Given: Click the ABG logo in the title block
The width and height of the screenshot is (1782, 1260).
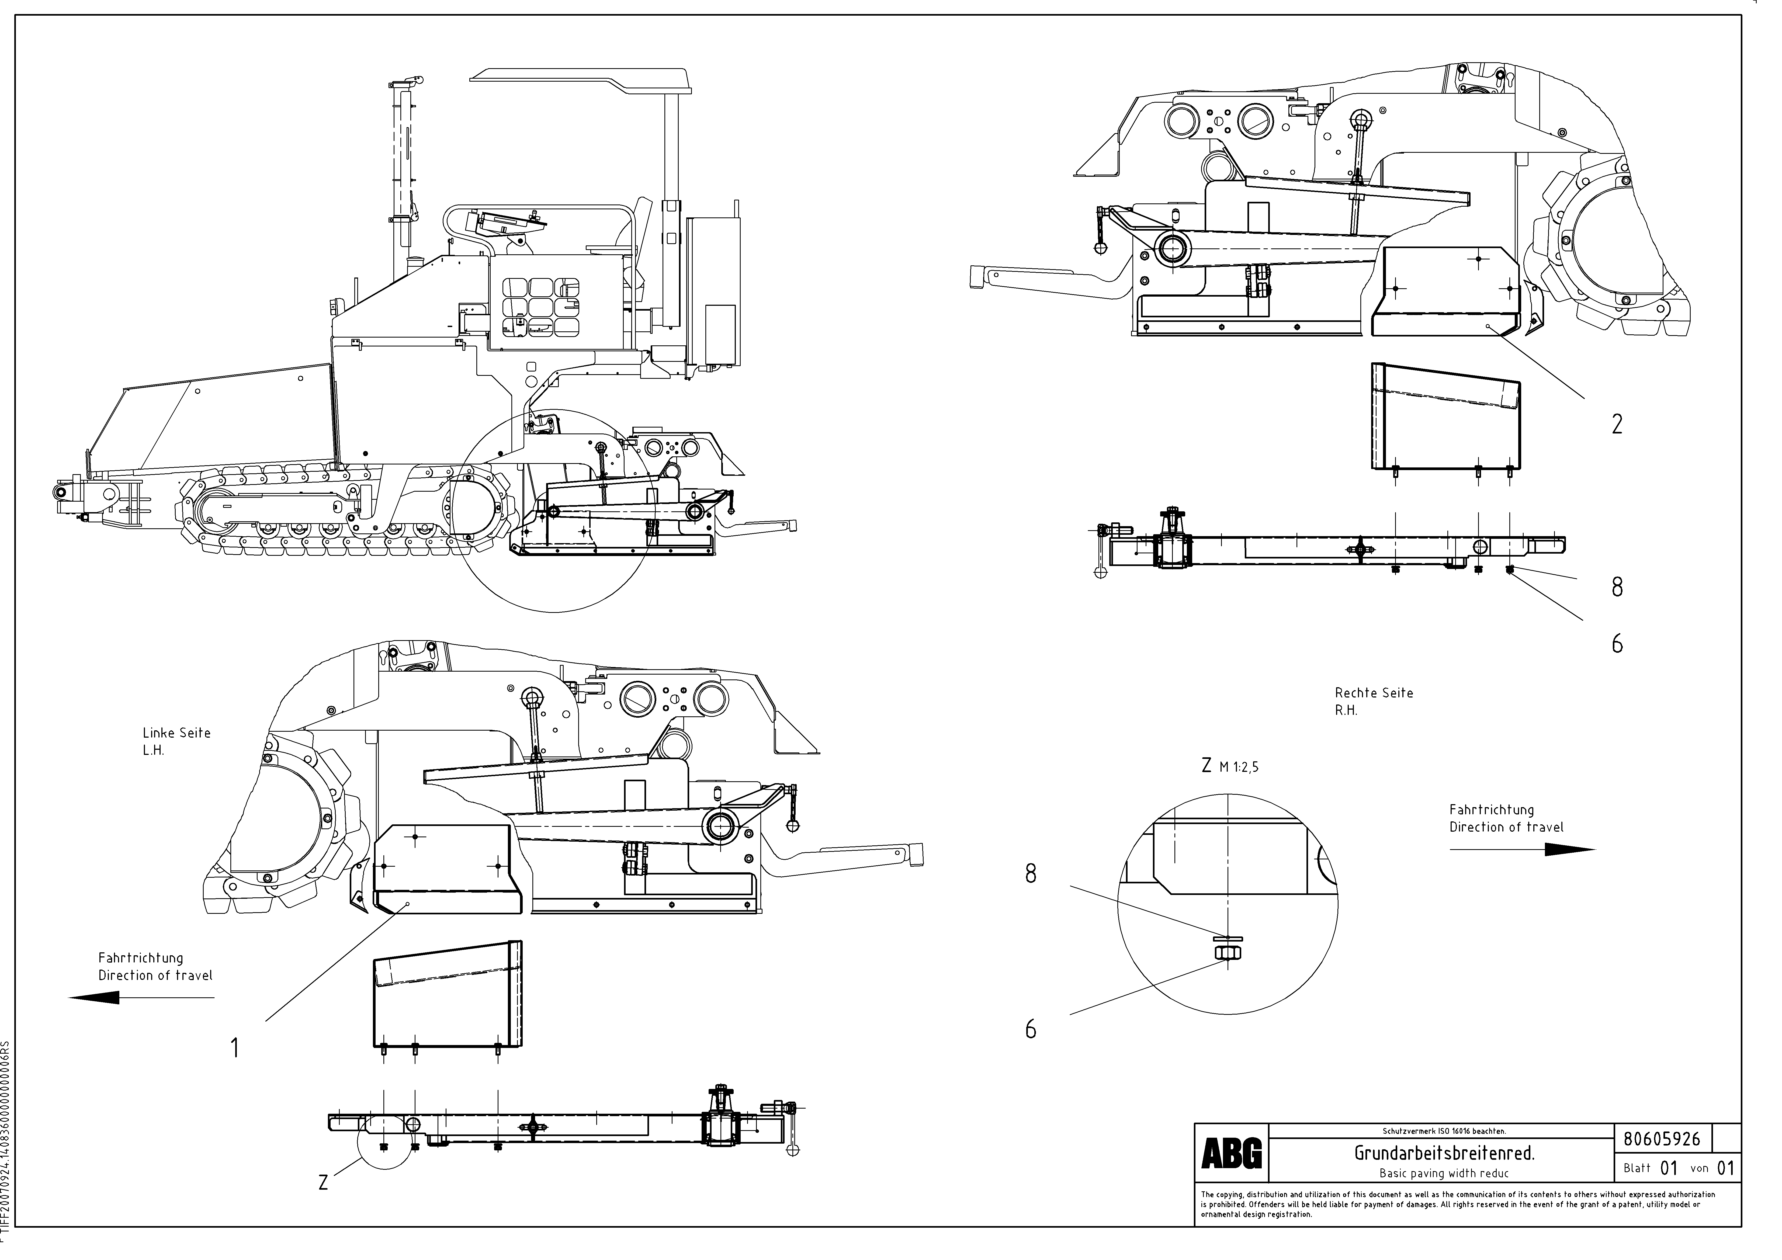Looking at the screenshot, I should click(x=1232, y=1154).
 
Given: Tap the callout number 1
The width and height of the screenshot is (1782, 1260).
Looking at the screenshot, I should click(x=234, y=1049).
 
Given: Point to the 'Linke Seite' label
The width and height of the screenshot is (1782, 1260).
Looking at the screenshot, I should click(x=176, y=733).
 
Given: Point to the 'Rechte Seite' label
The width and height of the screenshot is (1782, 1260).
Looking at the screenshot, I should click(x=1374, y=693).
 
